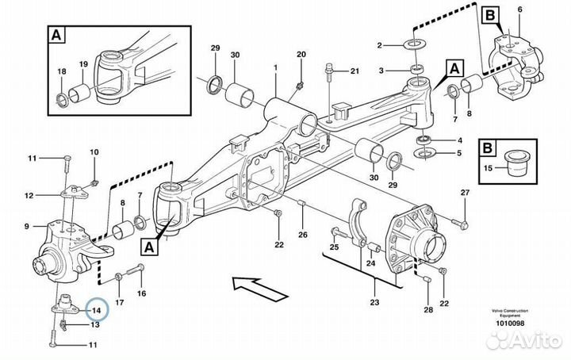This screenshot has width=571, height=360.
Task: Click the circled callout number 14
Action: (x=96, y=309)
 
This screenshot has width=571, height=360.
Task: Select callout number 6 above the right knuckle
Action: (x=519, y=9)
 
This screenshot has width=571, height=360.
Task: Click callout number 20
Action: (x=301, y=53)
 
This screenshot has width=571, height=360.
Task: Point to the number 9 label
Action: (x=27, y=225)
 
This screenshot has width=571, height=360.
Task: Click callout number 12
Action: (x=29, y=195)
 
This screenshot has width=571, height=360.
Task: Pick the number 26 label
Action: (x=302, y=235)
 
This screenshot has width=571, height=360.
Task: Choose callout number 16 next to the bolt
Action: (x=142, y=293)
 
